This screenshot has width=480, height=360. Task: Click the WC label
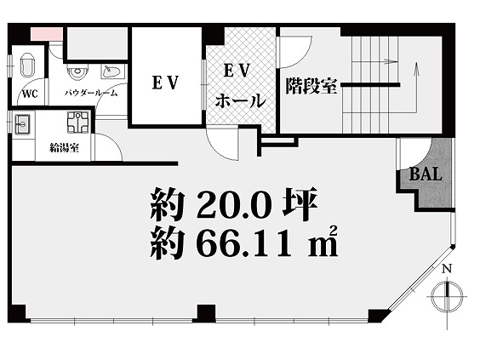[x=30, y=94]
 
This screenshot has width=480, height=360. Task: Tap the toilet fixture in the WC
[x=27, y=65]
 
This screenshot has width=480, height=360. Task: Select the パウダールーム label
[x=91, y=93]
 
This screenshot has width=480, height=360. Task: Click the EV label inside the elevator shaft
[x=165, y=83]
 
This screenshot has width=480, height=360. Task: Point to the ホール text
[x=240, y=101]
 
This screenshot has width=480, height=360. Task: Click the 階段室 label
[x=311, y=86]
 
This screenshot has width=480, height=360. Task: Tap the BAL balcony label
[x=426, y=174]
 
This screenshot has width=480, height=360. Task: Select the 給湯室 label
[x=65, y=148]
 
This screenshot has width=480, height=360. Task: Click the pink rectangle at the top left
[x=47, y=33]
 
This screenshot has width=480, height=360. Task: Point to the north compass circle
[x=448, y=295]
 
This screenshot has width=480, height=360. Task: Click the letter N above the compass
[x=448, y=269]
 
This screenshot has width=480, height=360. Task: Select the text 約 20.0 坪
[x=234, y=204]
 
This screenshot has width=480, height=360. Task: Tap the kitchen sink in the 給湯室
[x=22, y=124]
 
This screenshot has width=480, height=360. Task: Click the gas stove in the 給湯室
[x=78, y=123]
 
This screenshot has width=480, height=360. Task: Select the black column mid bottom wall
[x=206, y=314]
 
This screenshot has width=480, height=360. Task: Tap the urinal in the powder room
[x=77, y=72]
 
